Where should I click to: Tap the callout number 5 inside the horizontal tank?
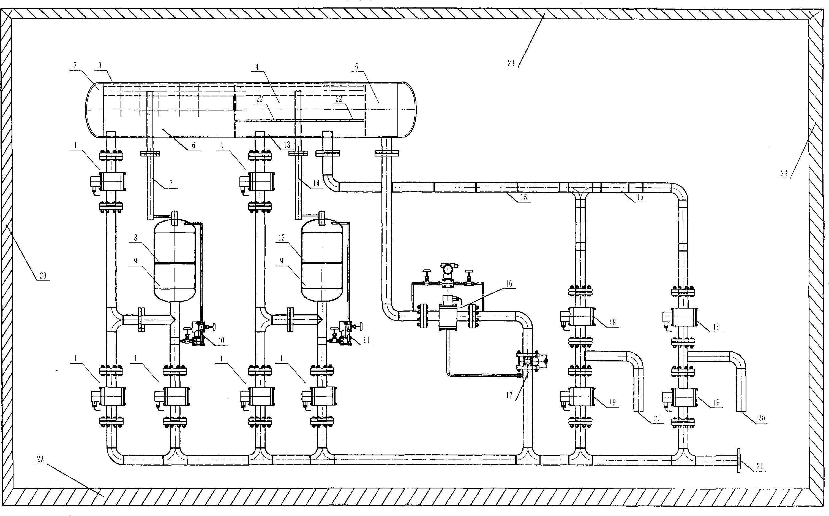tap(356, 67)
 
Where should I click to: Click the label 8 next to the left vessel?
tap(136, 238)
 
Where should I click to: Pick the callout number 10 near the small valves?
tap(221, 340)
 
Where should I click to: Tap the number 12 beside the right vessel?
tap(282, 238)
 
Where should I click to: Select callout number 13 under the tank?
tap(287, 145)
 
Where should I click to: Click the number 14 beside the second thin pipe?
tap(316, 183)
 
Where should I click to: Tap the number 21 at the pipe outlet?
tap(760, 466)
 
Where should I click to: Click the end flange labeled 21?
tap(739, 460)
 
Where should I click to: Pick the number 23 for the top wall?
tap(511, 63)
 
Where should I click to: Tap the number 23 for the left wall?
tap(43, 275)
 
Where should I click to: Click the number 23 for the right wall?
tap(784, 173)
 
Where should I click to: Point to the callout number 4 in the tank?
tap(257, 67)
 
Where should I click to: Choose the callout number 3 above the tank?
tap(100, 66)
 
